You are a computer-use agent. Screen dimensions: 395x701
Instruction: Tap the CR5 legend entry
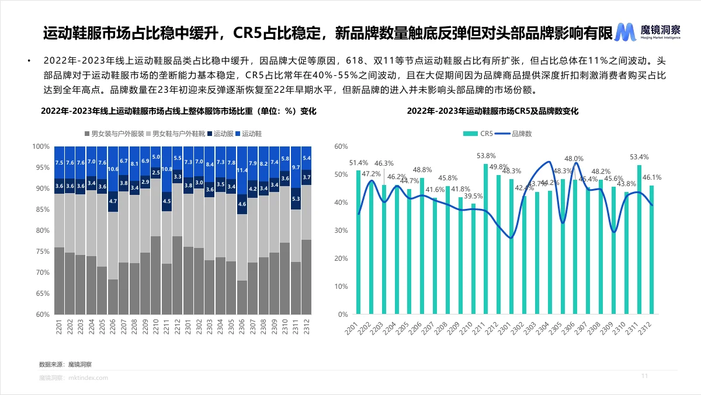(x=483, y=134)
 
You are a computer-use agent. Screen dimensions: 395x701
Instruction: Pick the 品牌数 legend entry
(x=516, y=134)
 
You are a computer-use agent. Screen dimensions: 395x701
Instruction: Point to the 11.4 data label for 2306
(x=242, y=171)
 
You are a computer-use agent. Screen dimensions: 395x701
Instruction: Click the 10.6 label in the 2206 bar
(x=113, y=170)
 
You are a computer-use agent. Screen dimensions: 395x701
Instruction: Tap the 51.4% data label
(x=358, y=162)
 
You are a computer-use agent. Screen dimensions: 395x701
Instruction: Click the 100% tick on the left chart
(x=41, y=146)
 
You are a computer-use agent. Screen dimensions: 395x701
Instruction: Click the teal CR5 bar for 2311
(x=639, y=239)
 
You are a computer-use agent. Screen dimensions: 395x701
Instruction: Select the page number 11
(x=645, y=375)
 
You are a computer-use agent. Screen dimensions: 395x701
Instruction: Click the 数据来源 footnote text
(x=65, y=364)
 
